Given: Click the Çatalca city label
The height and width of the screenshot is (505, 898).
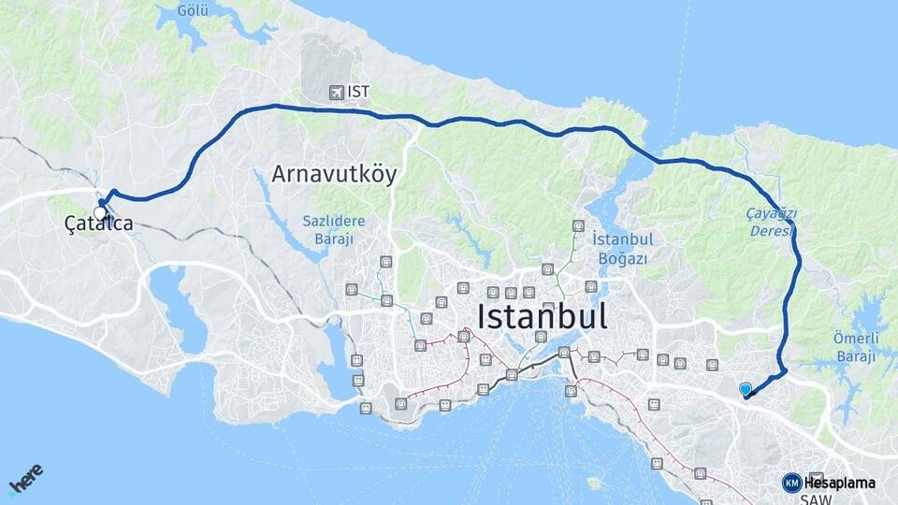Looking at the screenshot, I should tap(98, 224).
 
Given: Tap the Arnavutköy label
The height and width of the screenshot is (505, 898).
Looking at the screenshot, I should tap(334, 174).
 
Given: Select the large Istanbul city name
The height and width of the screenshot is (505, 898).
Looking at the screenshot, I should tap(542, 315).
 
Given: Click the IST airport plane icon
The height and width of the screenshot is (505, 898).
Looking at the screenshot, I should tap(337, 92).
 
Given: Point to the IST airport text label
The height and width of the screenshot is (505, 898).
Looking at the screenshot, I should tap(358, 92).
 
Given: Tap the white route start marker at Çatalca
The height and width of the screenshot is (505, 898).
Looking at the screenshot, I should tap(100, 212).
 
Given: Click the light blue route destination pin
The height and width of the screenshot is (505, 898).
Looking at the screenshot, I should tap(745, 389).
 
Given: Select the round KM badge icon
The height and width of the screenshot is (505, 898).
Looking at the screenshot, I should tap(791, 483).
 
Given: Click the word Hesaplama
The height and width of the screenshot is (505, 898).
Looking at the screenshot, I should tap(839, 483).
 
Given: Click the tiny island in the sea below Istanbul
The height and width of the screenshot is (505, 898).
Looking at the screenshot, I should tap(592, 483).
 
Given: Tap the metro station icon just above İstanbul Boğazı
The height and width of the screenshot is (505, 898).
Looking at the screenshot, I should tap(579, 225).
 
